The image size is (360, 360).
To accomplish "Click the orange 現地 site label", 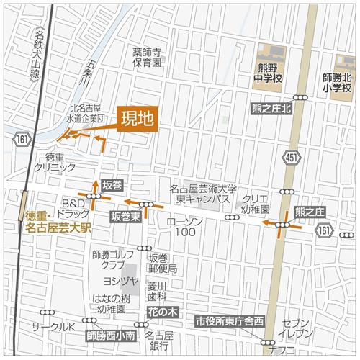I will [x=135, y=119].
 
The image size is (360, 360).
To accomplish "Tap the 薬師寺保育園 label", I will [x=150, y=58].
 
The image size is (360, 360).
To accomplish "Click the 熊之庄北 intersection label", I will [x=271, y=108].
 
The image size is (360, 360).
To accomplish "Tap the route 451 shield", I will [x=291, y=158].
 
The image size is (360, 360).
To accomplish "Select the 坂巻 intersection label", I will [x=112, y=185].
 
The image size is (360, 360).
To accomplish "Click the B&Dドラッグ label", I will [x=75, y=209].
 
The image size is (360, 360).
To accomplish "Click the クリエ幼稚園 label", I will [x=254, y=203].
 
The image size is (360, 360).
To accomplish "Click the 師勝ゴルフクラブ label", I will [x=115, y=260].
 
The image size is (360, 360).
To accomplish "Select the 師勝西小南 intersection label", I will [x=111, y=336].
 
